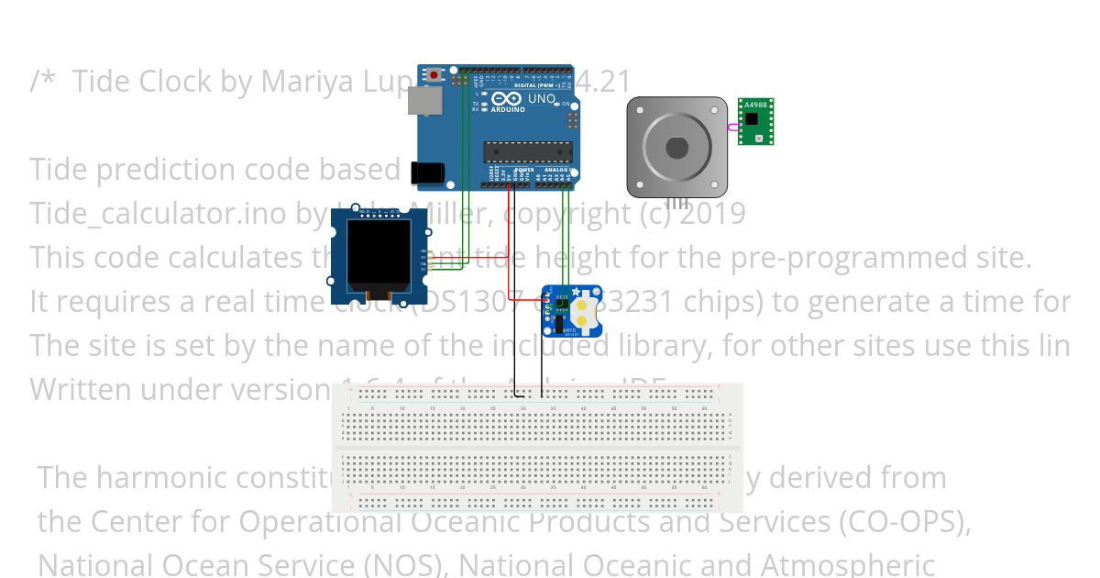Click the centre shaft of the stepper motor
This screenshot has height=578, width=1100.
coord(676,147)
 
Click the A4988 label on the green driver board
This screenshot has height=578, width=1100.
coord(757,105)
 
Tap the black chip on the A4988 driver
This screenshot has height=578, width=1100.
coord(752,118)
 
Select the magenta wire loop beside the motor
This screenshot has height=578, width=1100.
coord(733,128)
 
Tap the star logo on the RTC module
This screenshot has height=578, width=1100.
coord(576,292)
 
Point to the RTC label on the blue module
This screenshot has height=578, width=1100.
coord(568,328)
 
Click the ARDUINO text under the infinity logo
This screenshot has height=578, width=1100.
coord(510,109)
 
